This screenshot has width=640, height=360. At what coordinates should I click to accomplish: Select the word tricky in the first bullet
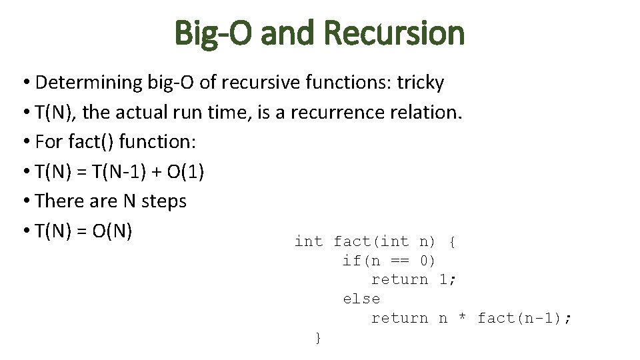(420, 83)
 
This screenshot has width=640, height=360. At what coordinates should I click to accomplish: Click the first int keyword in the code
(309, 241)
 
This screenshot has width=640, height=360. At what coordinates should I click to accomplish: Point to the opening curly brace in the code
(453, 241)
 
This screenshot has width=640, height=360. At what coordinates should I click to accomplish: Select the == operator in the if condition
(401, 261)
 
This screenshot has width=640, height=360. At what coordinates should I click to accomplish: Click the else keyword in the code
(361, 299)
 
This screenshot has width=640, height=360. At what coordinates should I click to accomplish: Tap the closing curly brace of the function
(318, 338)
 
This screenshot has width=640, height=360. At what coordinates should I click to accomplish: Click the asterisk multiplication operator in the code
(462, 319)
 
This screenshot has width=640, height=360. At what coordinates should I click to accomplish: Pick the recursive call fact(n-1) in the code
(520, 319)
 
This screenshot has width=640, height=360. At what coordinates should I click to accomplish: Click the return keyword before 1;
(399, 280)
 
